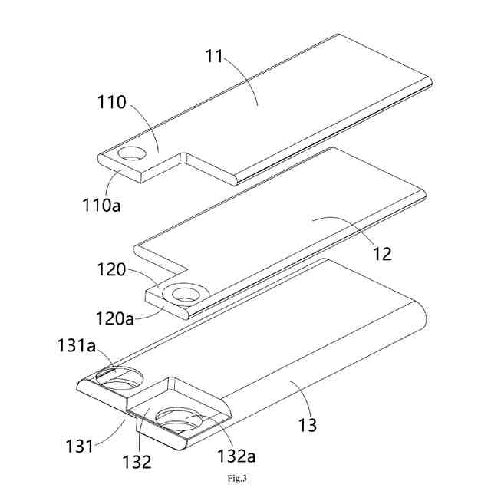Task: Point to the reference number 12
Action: [x=381, y=254]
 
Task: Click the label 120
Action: [x=112, y=271]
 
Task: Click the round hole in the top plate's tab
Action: [x=133, y=153]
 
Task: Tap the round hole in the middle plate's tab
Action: [x=186, y=292]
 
